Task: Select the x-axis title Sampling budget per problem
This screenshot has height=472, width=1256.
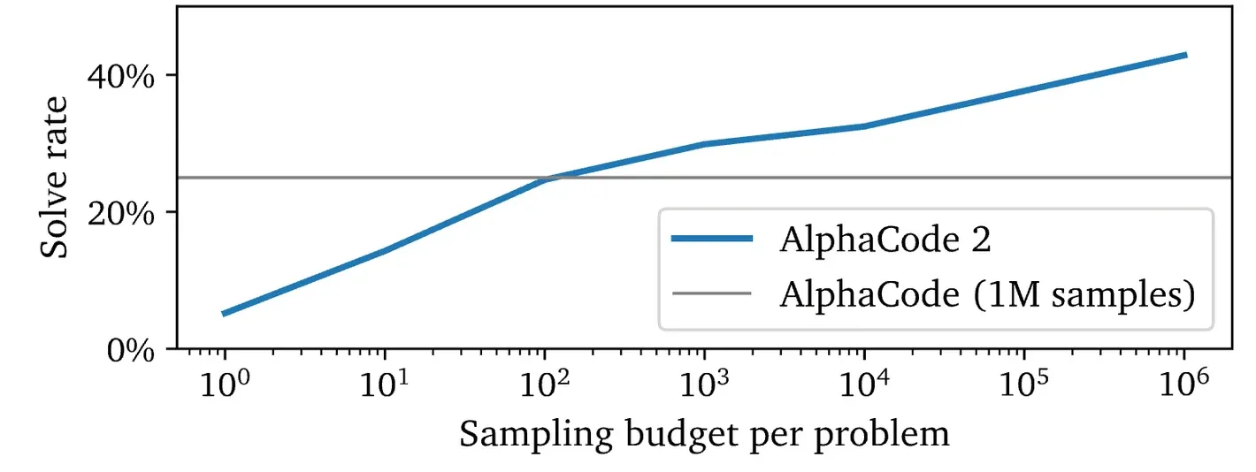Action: [x=704, y=434]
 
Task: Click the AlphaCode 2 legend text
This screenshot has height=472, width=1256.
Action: [x=885, y=240]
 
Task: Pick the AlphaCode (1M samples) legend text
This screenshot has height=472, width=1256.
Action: [x=987, y=293]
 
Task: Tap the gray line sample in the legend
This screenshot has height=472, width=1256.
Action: [x=712, y=293]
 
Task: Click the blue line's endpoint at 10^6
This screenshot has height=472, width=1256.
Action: [x=1185, y=55]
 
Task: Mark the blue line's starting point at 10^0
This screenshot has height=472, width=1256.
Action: [x=225, y=314]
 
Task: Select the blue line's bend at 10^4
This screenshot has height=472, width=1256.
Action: [x=865, y=126]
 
